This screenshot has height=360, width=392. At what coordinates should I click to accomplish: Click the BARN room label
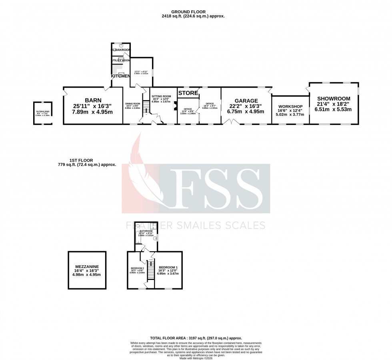tap(93, 100)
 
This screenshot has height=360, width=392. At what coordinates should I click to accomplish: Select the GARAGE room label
tap(246, 100)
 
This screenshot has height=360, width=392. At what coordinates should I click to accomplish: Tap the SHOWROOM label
tap(334, 98)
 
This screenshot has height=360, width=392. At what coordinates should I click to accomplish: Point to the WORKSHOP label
tap(290, 106)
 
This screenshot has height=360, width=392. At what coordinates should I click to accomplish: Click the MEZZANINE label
tap(87, 266)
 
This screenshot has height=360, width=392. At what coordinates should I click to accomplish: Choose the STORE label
tap(188, 93)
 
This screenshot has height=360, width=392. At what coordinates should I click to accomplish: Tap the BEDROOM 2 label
tap(137, 268)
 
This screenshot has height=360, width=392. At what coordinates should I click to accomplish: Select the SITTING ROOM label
tap(161, 96)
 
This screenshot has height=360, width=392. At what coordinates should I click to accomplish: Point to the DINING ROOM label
tap(132, 104)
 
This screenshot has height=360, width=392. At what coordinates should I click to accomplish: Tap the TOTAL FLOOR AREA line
tap(196, 338)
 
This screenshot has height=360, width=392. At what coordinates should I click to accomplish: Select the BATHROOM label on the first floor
tap(146, 231)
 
